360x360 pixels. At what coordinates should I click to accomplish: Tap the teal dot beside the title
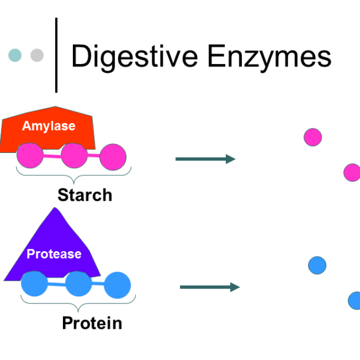[x=15, y=55]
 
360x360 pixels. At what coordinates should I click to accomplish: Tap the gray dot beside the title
[x=37, y=55]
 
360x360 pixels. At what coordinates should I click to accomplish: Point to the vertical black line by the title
[x=56, y=55]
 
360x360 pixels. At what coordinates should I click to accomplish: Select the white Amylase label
[x=49, y=126]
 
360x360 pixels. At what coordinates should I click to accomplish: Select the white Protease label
[x=54, y=254]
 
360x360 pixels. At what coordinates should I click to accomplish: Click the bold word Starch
[x=85, y=195]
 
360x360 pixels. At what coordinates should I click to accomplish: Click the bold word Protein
[x=92, y=323]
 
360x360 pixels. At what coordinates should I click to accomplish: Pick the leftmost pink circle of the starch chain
[x=29, y=156]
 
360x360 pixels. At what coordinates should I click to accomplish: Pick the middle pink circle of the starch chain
[x=74, y=156]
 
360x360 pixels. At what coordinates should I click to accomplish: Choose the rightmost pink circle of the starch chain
[x=113, y=157]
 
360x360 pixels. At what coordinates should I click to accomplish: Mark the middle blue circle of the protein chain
[x=78, y=284]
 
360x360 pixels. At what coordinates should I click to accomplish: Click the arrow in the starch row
[x=205, y=159]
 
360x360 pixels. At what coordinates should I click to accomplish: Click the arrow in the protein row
[x=209, y=287]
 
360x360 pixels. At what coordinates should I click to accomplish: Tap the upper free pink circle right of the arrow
[x=313, y=137]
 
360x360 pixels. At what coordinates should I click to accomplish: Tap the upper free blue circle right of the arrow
[x=317, y=265]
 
